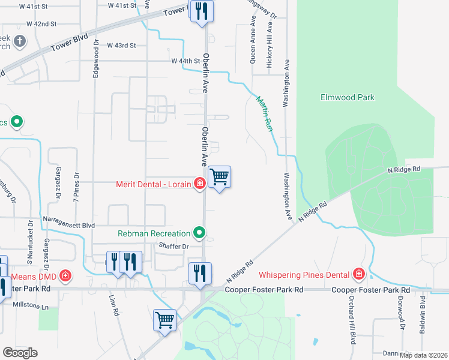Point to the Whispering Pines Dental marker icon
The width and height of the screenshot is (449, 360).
point(359,275)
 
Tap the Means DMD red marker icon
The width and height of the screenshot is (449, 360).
point(65,276)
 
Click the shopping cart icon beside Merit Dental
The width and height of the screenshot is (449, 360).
point(220,177)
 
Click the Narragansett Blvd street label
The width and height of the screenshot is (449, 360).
point(68,225)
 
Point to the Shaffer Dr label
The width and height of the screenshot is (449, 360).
point(174,246)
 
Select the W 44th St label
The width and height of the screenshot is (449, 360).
point(185,61)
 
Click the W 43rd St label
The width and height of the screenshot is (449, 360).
point(122,45)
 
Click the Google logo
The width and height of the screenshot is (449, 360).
point(20,353)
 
